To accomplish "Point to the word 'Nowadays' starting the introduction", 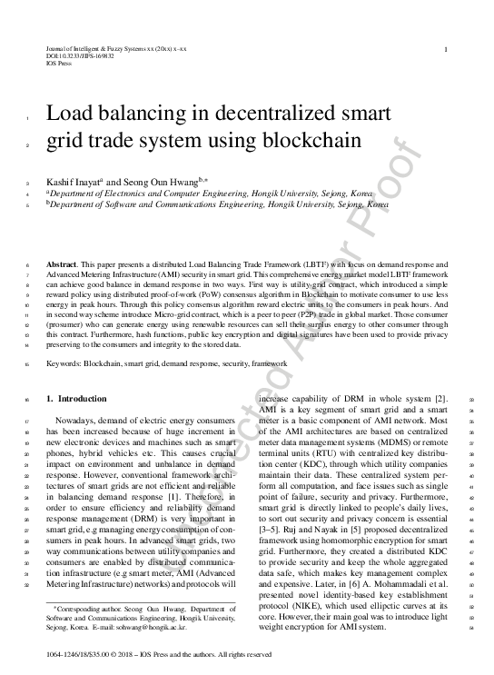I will pyautogui.click(x=76, y=422).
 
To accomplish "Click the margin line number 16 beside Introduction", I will pyautogui.click(x=28, y=399).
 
